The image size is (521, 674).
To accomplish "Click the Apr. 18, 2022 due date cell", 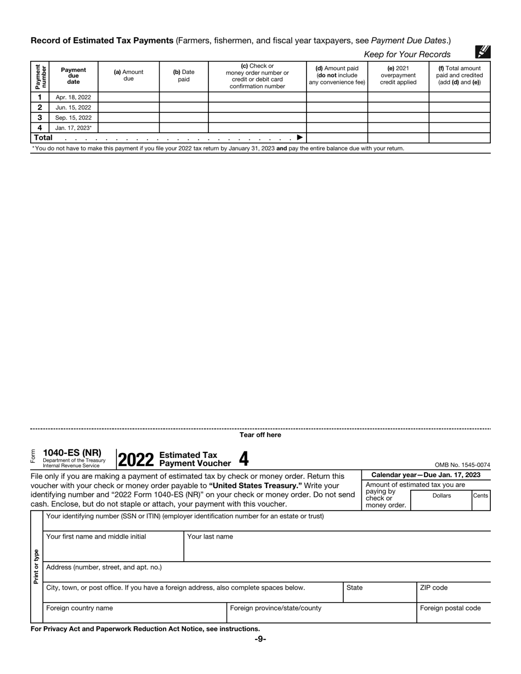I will pyautogui.click(x=73, y=98).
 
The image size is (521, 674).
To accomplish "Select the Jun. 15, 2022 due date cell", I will pyautogui.click(x=73, y=107).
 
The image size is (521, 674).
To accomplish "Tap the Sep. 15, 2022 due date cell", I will pyautogui.click(x=73, y=117).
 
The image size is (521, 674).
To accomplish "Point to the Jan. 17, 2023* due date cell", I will pyautogui.click(x=73, y=128).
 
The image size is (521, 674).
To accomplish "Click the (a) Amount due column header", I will pyautogui.click(x=128, y=75).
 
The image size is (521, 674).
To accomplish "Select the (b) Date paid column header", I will pyautogui.click(x=184, y=75).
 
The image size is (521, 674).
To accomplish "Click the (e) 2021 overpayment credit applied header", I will pyautogui.click(x=398, y=75).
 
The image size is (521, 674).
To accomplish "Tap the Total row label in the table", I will pyautogui.click(x=43, y=138).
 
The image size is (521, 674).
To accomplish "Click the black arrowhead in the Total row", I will pyautogui.click(x=299, y=138).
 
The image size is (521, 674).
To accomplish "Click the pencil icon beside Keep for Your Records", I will pyautogui.click(x=483, y=52).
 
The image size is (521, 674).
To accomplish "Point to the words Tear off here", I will pyautogui.click(x=260, y=435).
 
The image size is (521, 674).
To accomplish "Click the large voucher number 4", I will pyautogui.click(x=243, y=458).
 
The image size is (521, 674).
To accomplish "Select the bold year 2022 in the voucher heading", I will pyautogui.click(x=135, y=460).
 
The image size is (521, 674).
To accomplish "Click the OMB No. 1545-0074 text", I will pyautogui.click(x=462, y=465).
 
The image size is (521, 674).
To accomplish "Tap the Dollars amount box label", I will pyautogui.click(x=441, y=495).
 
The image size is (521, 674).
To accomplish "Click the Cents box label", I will pyautogui.click(x=480, y=495).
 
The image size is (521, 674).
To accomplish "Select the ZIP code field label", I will pyautogui.click(x=433, y=587).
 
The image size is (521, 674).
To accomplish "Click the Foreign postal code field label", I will pyautogui.click(x=450, y=608).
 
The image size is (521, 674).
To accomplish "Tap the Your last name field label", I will pyautogui.click(x=210, y=536).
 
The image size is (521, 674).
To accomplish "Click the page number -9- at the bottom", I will pyautogui.click(x=260, y=639).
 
